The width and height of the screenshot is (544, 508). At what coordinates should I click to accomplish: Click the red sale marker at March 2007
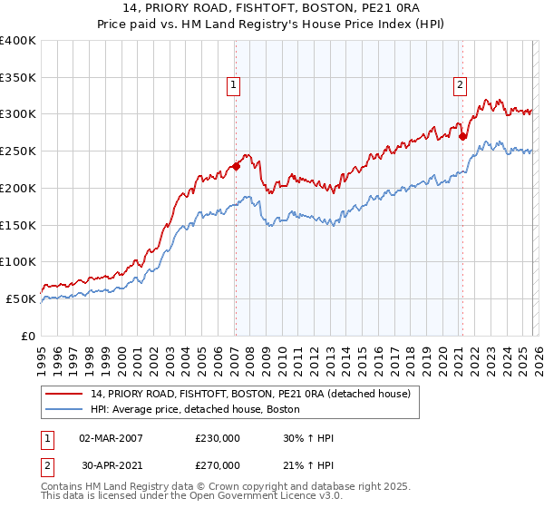pos(236,166)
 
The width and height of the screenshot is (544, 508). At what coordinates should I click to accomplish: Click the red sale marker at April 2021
pos(462,137)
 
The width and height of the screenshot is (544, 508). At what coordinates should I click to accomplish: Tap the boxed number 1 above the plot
pos(234,86)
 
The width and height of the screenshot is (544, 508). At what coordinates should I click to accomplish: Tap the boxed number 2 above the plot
pos(460,86)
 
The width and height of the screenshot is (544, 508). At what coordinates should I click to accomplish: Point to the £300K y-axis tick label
pos(18,114)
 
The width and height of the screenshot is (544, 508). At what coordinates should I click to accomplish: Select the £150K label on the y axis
pos(18,225)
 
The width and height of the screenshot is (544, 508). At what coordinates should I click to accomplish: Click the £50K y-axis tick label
pos(21,298)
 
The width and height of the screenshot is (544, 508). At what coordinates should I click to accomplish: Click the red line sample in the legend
pos(64,395)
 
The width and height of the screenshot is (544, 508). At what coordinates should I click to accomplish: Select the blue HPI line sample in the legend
pos(64,410)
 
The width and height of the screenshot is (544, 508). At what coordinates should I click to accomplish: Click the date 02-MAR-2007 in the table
pos(111,439)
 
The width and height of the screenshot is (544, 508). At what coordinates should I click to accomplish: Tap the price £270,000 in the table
pos(218,465)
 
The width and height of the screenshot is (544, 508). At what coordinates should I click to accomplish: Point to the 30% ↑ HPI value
pos(308,439)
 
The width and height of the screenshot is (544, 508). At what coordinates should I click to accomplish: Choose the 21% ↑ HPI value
pos(308,465)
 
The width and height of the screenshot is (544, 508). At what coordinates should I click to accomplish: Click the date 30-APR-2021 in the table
pos(111,465)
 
